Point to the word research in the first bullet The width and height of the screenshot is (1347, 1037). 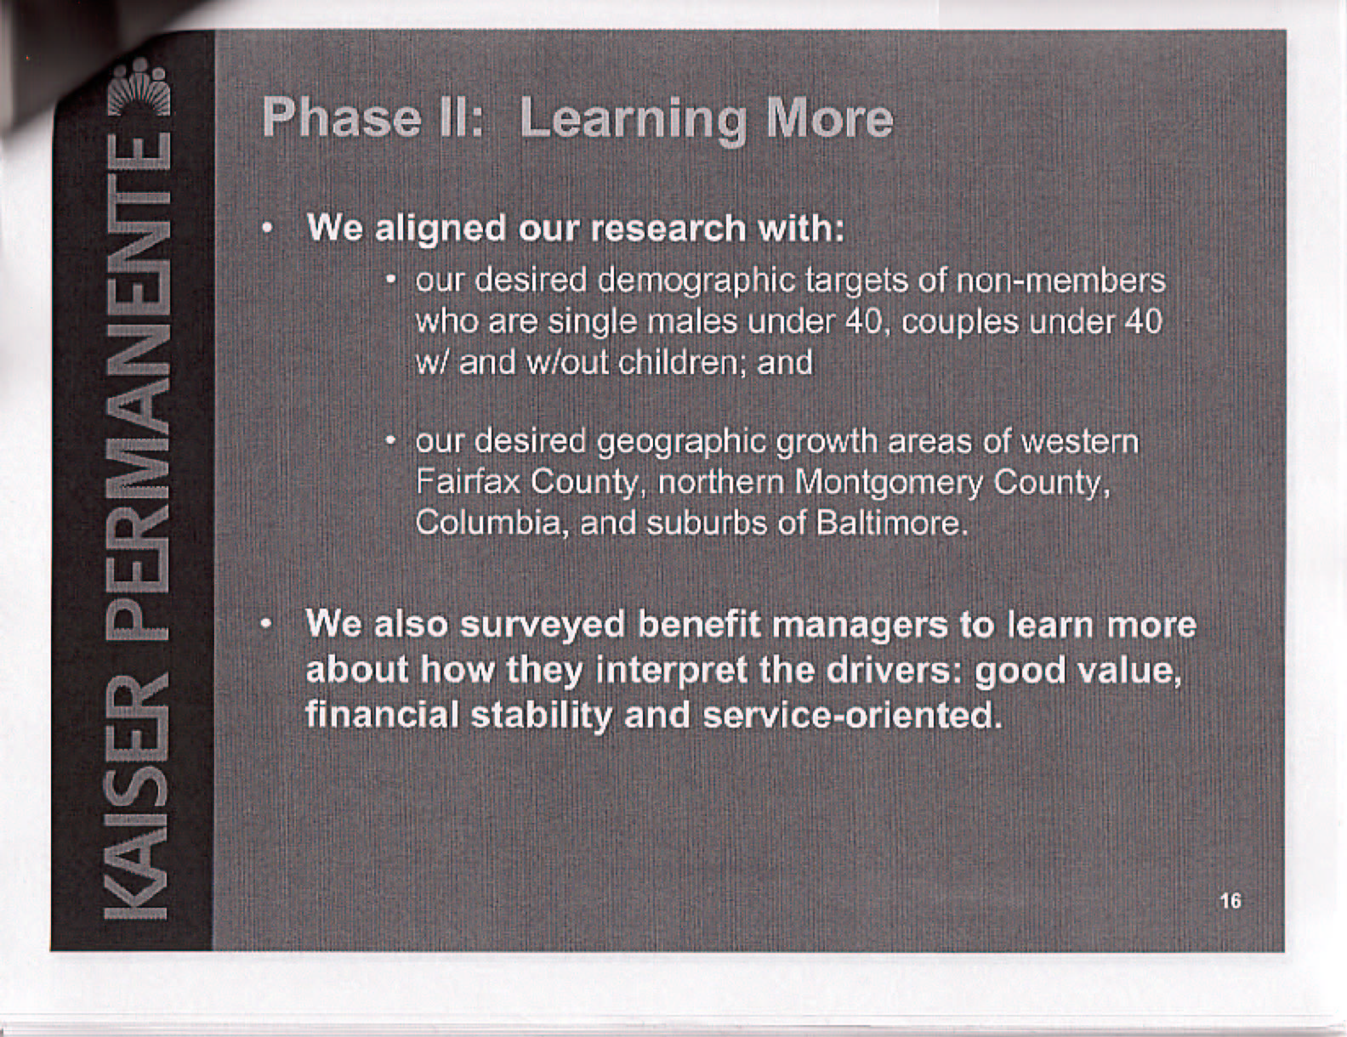[668, 229]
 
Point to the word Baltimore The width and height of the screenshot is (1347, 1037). [891, 524]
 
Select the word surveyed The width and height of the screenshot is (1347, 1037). [543, 626]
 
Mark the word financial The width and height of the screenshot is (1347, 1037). [383, 716]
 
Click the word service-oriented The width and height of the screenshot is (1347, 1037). [852, 716]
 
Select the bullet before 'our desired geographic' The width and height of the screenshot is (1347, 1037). [390, 441]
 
